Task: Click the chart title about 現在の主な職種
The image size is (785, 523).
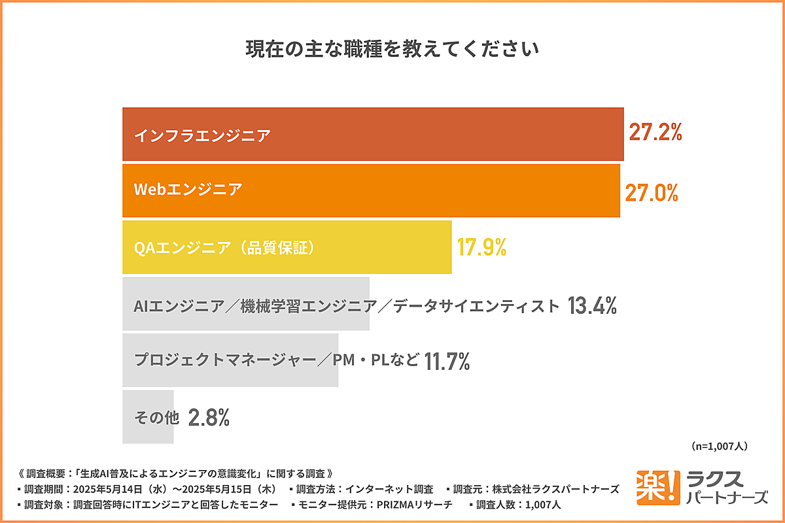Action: tap(392, 50)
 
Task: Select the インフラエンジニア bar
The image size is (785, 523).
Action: tap(373, 134)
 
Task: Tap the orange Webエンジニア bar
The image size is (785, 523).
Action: tap(371, 190)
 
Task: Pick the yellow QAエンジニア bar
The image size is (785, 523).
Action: tap(287, 247)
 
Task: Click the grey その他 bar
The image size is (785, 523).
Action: tap(148, 417)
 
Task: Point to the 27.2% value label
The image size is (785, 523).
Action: tap(655, 133)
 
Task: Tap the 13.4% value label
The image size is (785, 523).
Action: tap(592, 305)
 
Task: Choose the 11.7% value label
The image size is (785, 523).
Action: tap(447, 361)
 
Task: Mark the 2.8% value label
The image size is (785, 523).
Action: tap(209, 418)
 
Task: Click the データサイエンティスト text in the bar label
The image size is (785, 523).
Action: tap(477, 305)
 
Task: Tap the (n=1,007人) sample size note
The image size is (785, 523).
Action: tap(719, 446)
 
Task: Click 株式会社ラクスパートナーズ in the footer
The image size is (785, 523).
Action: tap(555, 489)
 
